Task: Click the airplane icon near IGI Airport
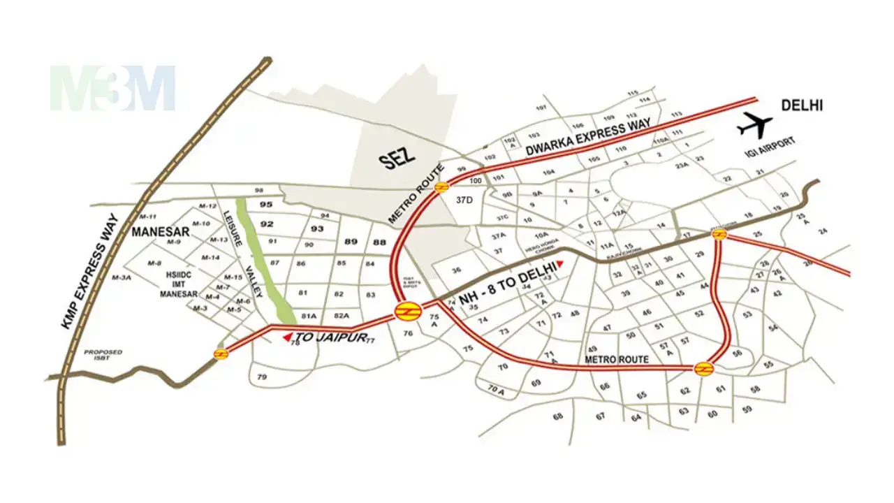click(x=755, y=126)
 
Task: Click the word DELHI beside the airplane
click(x=802, y=105)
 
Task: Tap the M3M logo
click(x=112, y=88)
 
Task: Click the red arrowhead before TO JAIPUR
click(x=286, y=337)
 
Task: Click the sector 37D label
click(x=464, y=200)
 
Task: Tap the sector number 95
click(x=265, y=205)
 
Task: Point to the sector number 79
click(x=263, y=377)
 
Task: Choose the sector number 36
click(x=457, y=270)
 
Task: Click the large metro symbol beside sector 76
click(x=406, y=312)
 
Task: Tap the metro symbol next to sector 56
click(x=703, y=367)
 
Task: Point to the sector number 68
click(x=557, y=416)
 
